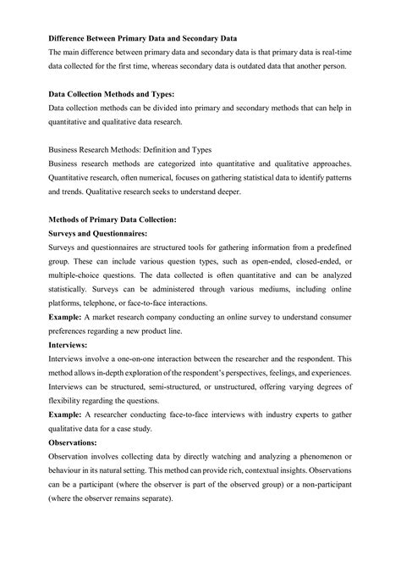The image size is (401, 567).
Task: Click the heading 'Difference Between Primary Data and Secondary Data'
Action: [x=142, y=40]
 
